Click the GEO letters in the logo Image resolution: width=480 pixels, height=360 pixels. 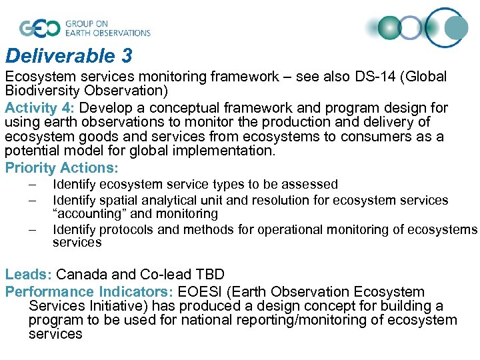click(x=40, y=28)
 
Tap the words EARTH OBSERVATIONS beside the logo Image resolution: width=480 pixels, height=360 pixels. click(x=107, y=33)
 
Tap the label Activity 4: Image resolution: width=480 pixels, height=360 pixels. click(x=41, y=107)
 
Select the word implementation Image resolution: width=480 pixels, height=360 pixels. click(x=230, y=151)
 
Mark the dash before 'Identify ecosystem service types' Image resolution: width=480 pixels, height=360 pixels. click(x=32, y=185)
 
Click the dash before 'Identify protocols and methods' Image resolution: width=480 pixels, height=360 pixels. click(x=32, y=229)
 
